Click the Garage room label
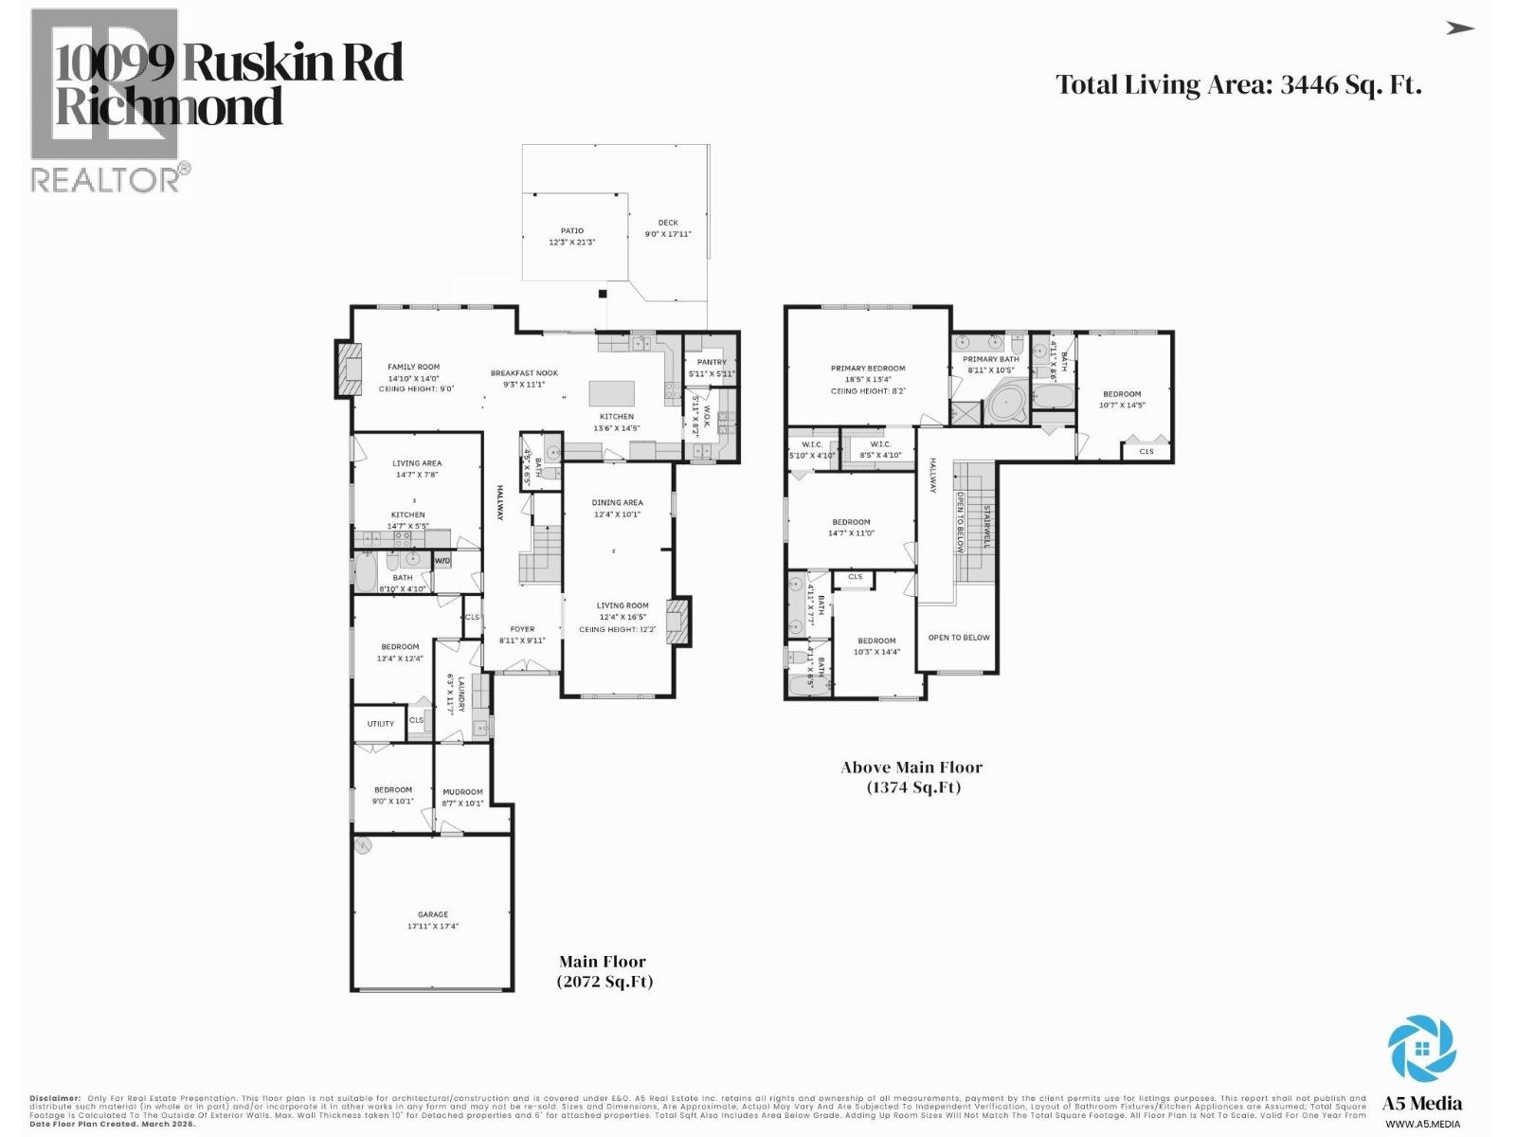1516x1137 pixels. tap(433, 914)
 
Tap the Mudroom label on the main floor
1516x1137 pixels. tap(462, 792)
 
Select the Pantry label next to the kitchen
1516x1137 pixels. tap(712, 362)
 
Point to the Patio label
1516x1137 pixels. tap(571, 230)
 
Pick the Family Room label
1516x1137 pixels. tap(413, 367)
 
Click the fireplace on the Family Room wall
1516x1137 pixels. tap(348, 369)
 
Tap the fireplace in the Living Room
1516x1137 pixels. tap(679, 622)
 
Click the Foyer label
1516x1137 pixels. tap(522, 629)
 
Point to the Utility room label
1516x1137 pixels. tap(381, 724)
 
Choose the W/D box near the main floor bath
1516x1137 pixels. tap(442, 561)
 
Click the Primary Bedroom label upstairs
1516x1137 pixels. tap(868, 369)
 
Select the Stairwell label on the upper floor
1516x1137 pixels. tap(986, 526)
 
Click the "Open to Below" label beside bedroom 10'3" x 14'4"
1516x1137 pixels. tap(959, 638)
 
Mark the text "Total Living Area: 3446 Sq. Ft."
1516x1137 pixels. tap(1238, 85)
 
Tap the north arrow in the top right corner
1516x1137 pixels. tap(1460, 28)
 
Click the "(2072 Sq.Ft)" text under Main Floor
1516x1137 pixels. tap(605, 982)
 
